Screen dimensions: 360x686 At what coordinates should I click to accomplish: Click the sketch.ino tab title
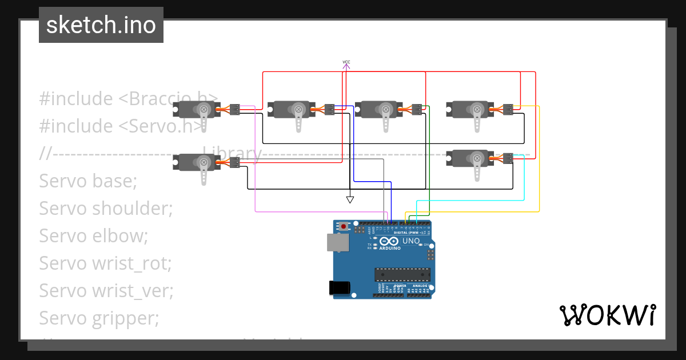click(x=101, y=26)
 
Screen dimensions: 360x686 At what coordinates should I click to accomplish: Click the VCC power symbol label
click(x=346, y=62)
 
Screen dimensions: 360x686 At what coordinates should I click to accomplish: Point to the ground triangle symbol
click(x=350, y=199)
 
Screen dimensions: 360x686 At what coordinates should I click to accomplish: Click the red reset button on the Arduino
click(x=343, y=226)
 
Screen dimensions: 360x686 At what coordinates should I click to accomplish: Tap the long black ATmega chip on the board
click(x=402, y=274)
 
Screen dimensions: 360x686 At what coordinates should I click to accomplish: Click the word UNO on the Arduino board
click(x=411, y=241)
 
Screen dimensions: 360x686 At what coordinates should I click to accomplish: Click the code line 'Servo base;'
click(x=88, y=181)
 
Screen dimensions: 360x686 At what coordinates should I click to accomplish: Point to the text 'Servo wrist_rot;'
click(x=105, y=263)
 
